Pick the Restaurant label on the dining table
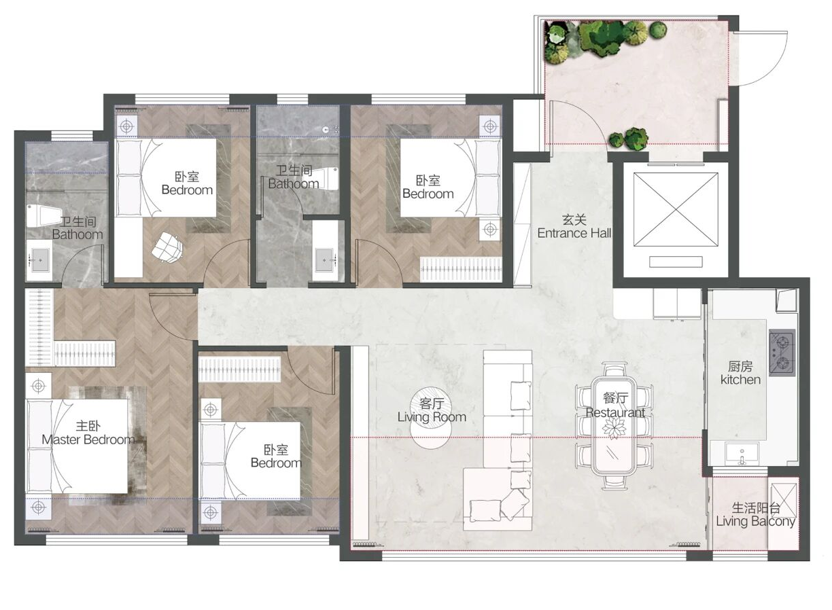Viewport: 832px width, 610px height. [x=615, y=413]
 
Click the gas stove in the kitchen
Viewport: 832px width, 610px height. [x=782, y=353]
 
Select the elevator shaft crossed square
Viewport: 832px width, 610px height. [x=676, y=209]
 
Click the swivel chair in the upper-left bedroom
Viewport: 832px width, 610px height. [x=167, y=247]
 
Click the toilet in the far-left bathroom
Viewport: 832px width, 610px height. [x=44, y=217]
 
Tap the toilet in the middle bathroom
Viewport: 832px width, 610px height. [x=327, y=179]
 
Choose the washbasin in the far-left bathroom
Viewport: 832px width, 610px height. [x=39, y=260]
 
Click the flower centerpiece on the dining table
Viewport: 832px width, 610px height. [x=614, y=428]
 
